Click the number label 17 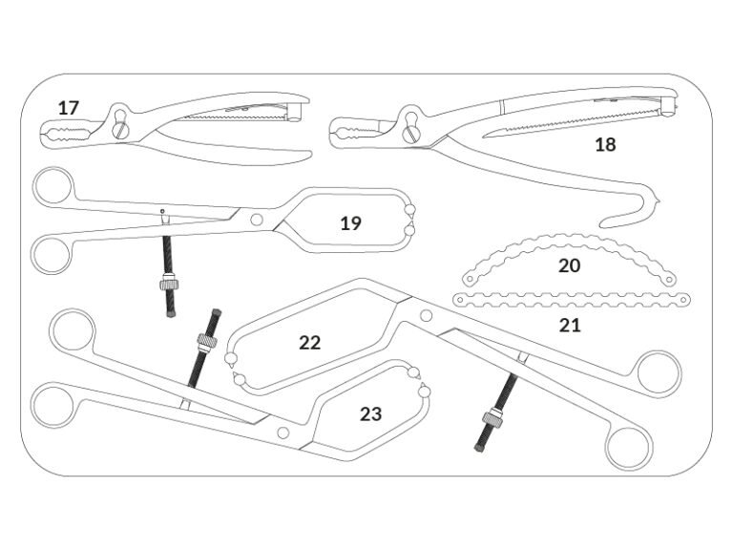tap(69, 108)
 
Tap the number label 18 tap(605, 144)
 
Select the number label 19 tap(350, 223)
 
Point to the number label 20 tap(570, 265)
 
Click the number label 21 tap(570, 325)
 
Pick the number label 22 tap(310, 343)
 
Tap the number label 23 tap(370, 413)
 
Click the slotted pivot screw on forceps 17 tap(121, 130)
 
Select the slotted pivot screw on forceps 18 tap(411, 135)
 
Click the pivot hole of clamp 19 tap(256, 220)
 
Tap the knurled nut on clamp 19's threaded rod tap(169, 284)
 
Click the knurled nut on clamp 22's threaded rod tap(493, 417)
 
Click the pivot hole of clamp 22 tap(426, 316)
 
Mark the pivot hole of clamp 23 tap(283, 433)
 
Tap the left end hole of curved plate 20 tap(470, 279)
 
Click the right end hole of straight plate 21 tap(685, 299)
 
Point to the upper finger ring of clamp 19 tap(52, 186)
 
